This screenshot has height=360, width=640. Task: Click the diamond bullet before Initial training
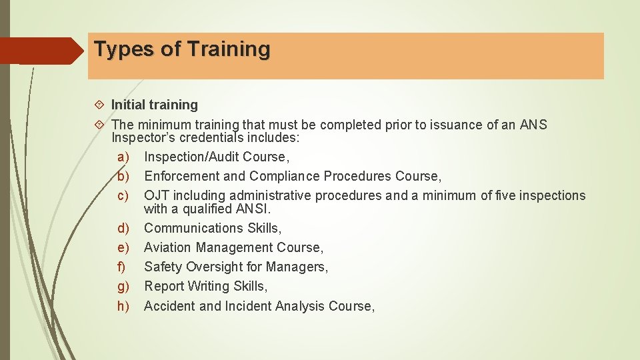[x=99, y=105]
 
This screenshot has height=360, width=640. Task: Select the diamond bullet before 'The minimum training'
[x=99, y=125]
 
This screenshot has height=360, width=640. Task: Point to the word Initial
[x=128, y=105]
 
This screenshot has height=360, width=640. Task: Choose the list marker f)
[x=123, y=267]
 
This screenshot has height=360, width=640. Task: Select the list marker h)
[x=123, y=306]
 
